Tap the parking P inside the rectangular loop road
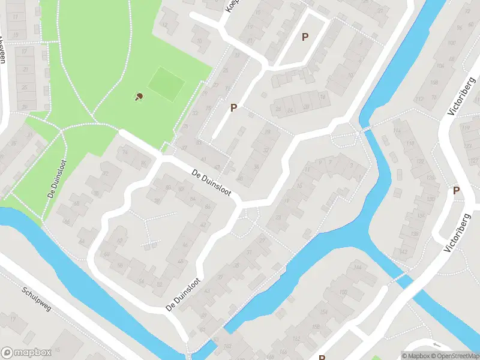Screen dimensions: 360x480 305,37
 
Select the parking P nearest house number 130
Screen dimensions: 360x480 456,191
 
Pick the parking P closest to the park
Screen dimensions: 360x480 233,107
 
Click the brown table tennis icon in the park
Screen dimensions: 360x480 139,96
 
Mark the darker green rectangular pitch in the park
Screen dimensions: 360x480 166,83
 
